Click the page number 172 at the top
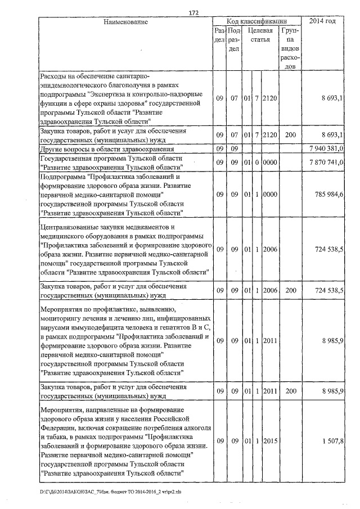click(195, 13)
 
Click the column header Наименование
click(125, 22)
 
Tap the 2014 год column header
click(323, 21)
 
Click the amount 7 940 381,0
click(326, 149)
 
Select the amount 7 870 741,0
click(326, 163)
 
